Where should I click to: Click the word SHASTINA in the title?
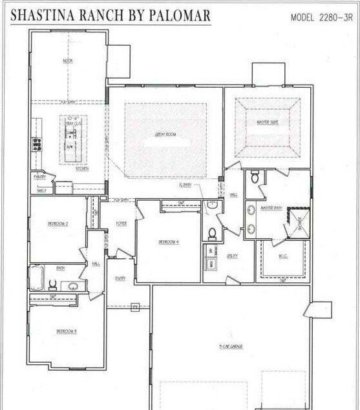(x=44, y=15)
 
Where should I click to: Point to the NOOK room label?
(x=67, y=61)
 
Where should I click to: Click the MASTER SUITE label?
(x=268, y=122)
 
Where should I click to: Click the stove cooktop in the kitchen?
(x=37, y=145)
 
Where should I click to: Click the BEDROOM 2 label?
(x=58, y=223)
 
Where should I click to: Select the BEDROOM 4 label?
(x=169, y=242)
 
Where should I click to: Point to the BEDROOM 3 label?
(x=67, y=331)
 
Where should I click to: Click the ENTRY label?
(x=121, y=278)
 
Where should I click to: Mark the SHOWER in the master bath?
(x=299, y=223)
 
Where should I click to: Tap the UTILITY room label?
(x=232, y=256)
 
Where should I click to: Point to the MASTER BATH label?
(x=268, y=207)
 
